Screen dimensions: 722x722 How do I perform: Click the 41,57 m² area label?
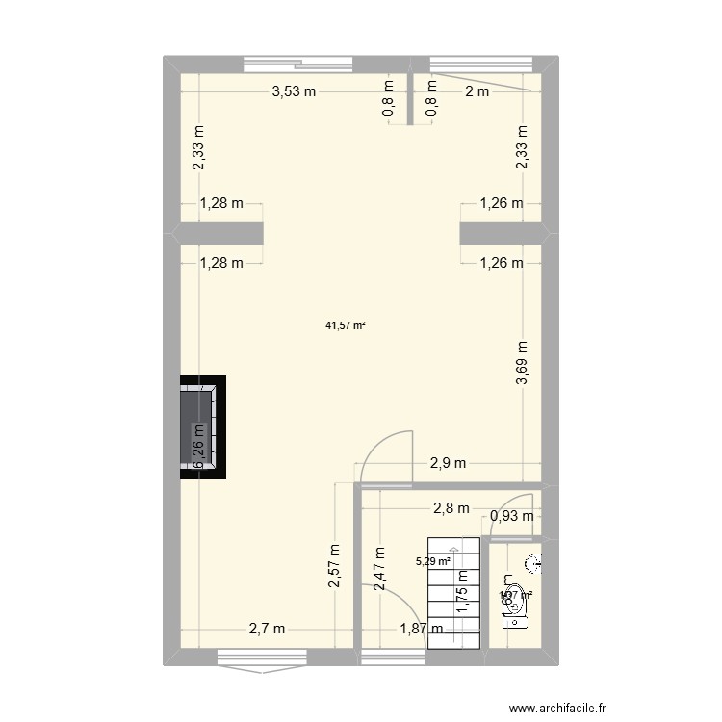coord(346,325)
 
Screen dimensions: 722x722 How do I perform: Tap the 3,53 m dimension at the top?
coord(295,92)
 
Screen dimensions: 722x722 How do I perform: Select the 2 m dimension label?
coord(477,92)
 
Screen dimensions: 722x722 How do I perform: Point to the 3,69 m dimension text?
coord(523,364)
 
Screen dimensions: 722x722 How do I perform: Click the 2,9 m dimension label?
coord(447,463)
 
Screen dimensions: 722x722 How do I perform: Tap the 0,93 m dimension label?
coord(513,517)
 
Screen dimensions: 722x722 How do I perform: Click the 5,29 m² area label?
coord(433,561)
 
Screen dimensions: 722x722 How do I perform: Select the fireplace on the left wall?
coord(201,427)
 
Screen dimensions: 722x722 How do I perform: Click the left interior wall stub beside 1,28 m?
coord(220,233)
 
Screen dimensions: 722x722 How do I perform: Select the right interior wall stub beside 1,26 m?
coord(500,233)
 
